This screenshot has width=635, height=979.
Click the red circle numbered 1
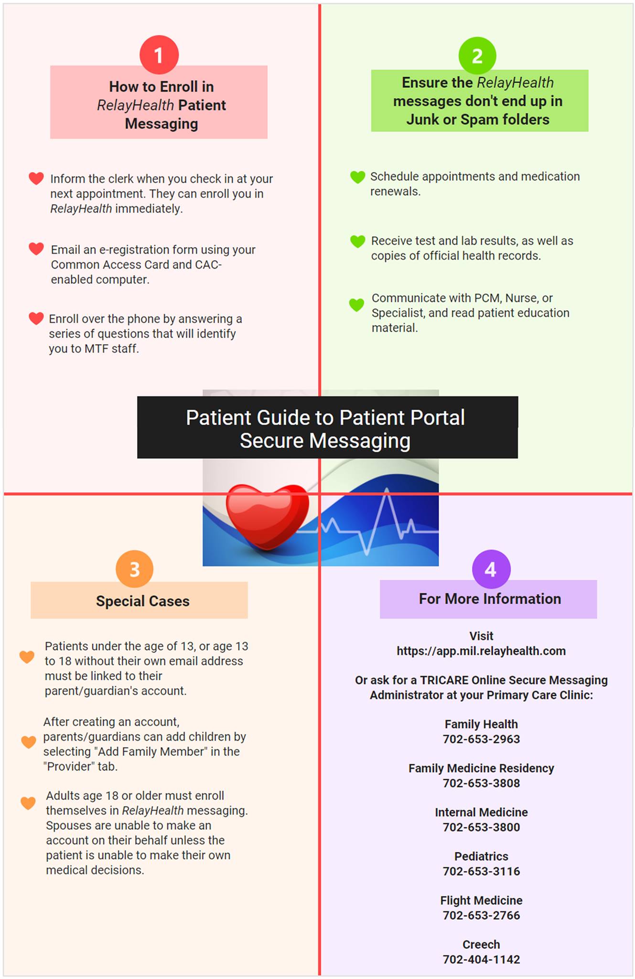[159, 55]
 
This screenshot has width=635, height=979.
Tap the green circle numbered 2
[477, 56]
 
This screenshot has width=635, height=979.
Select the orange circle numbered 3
[135, 569]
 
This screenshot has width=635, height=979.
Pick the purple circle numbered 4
[491, 569]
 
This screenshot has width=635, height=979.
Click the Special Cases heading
[143, 601]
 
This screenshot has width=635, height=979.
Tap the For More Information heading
[490, 598]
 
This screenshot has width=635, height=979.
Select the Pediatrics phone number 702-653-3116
[481, 871]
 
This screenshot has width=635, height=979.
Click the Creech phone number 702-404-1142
[481, 959]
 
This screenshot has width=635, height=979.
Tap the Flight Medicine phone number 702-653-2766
[481, 915]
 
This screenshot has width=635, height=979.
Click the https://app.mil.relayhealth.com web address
[481, 651]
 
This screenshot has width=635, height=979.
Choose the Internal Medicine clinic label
[481, 812]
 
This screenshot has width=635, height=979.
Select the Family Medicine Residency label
[481, 768]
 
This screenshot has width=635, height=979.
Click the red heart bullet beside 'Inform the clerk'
[36, 178]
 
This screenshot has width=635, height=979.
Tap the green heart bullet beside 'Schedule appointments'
[357, 177]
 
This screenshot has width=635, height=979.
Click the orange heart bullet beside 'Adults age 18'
[28, 803]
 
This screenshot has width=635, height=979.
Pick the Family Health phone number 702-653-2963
[481, 739]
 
